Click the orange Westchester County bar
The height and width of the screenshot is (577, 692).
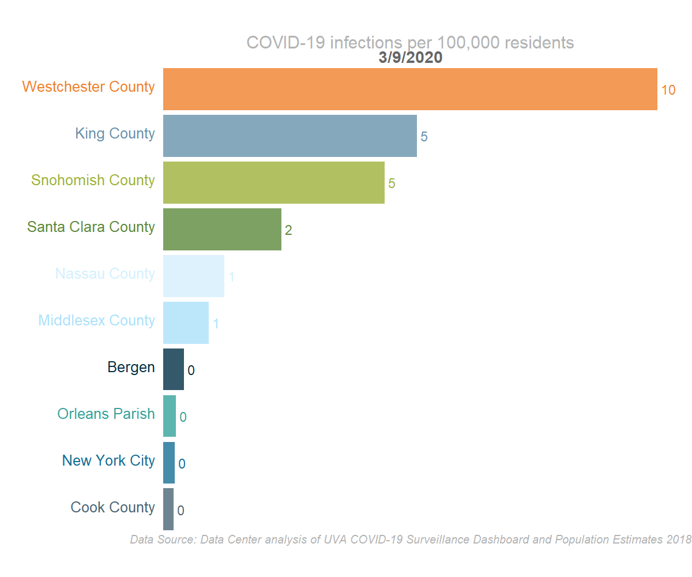tap(410, 89)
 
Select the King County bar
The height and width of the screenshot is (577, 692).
tap(290, 136)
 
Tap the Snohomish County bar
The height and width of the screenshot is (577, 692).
tap(274, 182)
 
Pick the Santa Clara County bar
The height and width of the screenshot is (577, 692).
tap(222, 229)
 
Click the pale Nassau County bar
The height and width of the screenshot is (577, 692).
tap(194, 276)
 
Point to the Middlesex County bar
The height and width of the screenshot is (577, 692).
tap(186, 323)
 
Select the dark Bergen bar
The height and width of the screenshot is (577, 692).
tap(174, 369)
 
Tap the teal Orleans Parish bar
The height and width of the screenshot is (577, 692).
tap(170, 416)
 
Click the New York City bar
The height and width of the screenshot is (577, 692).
tap(169, 463)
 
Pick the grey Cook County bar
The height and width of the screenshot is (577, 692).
tap(168, 509)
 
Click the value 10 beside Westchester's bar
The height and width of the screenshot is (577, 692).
tap(668, 90)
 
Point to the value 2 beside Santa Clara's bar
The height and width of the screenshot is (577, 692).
tap(288, 230)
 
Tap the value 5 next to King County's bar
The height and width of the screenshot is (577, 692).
tap(424, 137)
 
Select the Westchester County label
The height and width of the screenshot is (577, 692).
tap(88, 87)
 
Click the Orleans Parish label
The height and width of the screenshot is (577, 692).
tap(106, 414)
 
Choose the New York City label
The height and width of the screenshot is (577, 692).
tap(108, 460)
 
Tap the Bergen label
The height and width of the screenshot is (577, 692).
tap(131, 367)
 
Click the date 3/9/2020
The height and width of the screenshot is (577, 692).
tap(410, 58)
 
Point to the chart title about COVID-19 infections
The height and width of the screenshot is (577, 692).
tap(410, 43)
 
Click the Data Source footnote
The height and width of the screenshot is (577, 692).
tap(410, 540)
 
